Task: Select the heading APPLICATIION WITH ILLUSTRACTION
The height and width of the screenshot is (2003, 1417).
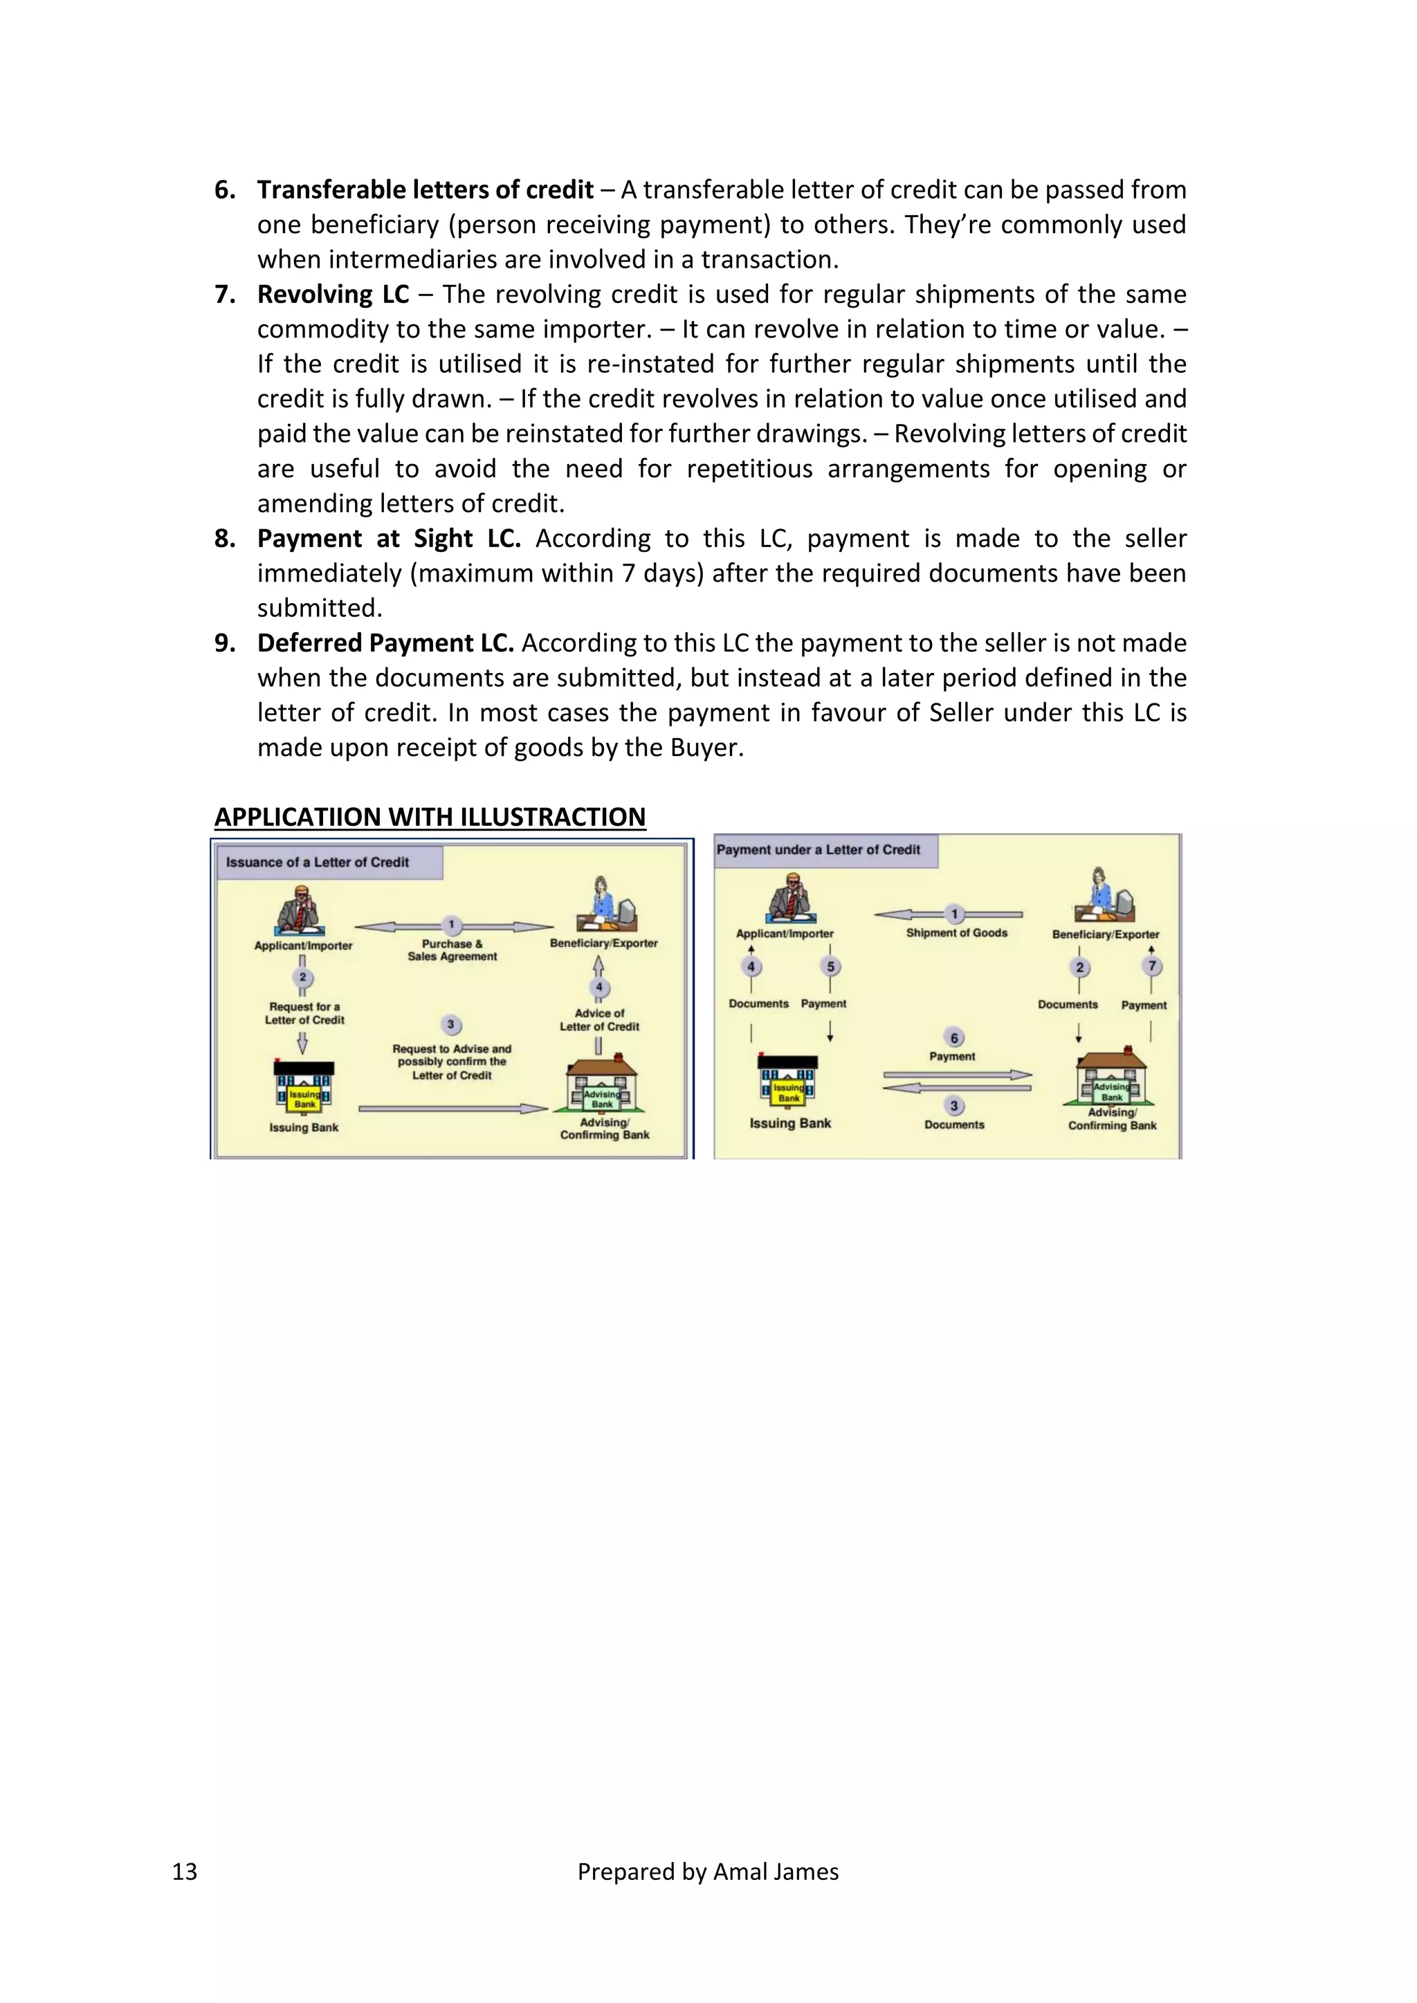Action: click(430, 818)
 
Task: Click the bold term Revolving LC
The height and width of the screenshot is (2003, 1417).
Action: click(332, 294)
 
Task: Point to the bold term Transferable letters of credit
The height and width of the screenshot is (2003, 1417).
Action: click(425, 190)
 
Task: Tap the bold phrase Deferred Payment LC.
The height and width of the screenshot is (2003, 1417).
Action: click(385, 643)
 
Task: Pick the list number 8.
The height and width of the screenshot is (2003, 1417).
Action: click(225, 538)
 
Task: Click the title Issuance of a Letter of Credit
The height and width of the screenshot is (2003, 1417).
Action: click(317, 862)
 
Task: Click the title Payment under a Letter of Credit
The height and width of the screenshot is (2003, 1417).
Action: click(818, 850)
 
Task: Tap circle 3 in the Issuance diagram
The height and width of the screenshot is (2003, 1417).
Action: click(450, 1024)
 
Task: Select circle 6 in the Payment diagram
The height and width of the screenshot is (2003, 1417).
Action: click(953, 1037)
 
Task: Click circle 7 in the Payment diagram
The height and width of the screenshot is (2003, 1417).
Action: click(1152, 966)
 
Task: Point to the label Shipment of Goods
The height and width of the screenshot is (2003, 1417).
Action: click(956, 932)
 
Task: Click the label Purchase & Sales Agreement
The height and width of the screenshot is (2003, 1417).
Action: click(452, 950)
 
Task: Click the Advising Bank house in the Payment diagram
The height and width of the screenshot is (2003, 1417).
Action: click(1112, 1079)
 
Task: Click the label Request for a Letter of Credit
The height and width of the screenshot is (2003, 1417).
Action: click(304, 1013)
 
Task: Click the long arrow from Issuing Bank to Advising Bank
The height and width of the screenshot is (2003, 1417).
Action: click(452, 1109)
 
